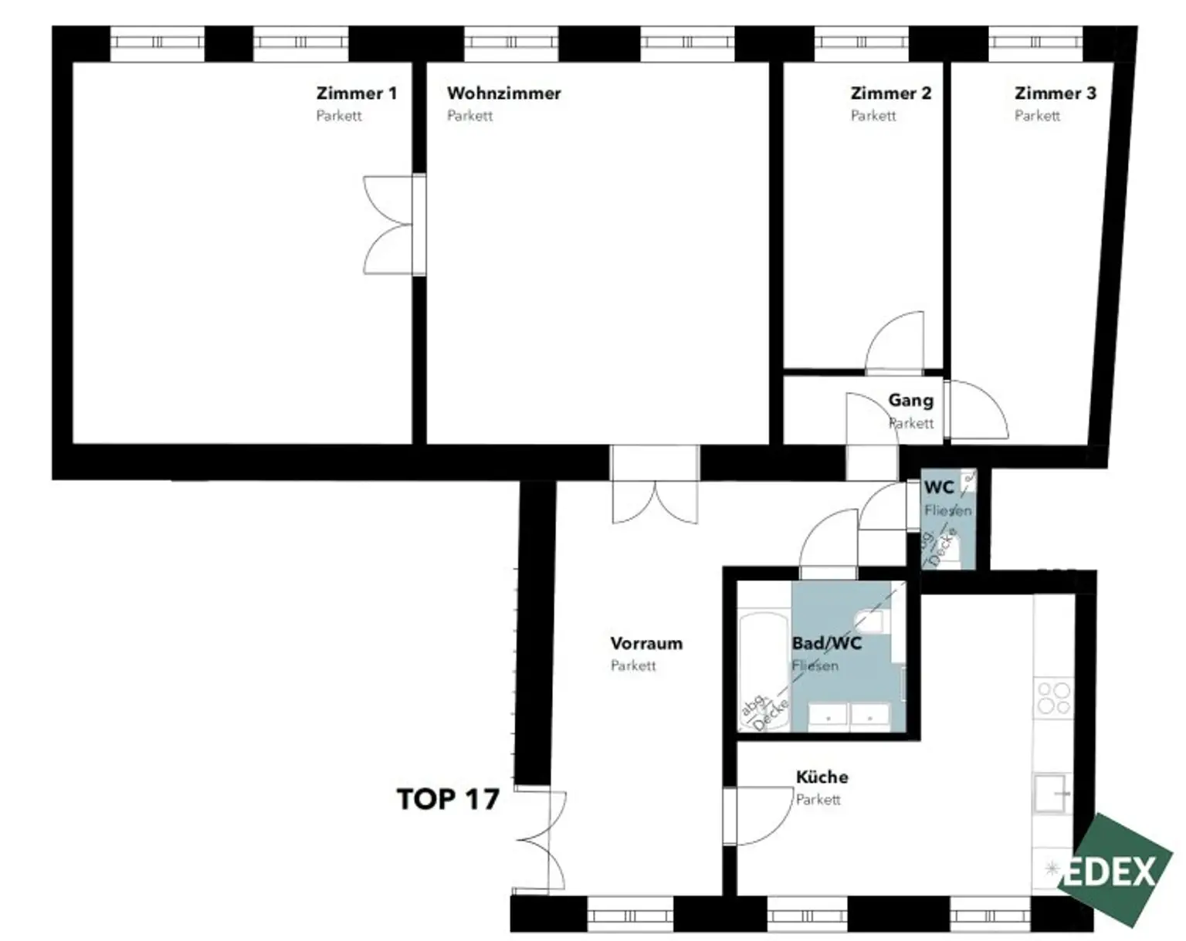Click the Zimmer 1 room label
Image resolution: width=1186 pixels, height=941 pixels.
pyautogui.click(x=357, y=93)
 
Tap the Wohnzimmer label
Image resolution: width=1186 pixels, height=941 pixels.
pyautogui.click(x=503, y=93)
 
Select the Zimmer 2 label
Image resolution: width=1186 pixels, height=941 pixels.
pyautogui.click(x=890, y=93)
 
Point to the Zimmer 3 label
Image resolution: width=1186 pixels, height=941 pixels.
pyautogui.click(x=1056, y=93)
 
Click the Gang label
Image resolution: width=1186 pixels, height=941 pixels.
pyautogui.click(x=911, y=401)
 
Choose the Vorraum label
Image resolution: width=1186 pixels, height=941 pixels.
pyautogui.click(x=646, y=643)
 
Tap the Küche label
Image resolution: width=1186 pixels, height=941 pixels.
pyautogui.click(x=822, y=777)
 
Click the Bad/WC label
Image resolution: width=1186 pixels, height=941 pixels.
pyautogui.click(x=827, y=643)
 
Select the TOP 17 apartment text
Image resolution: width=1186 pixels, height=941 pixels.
pyautogui.click(x=448, y=800)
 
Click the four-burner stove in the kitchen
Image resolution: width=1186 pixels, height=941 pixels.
pyautogui.click(x=1054, y=699)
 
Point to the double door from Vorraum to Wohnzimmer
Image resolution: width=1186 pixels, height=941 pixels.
pyautogui.click(x=655, y=502)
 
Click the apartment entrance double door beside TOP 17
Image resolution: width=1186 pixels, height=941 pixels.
pyautogui.click(x=540, y=841)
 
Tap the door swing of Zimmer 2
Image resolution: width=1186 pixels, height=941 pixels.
pyautogui.click(x=894, y=343)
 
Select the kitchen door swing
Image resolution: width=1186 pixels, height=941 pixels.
pyautogui.click(x=764, y=815)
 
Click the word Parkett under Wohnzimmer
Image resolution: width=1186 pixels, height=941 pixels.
pyautogui.click(x=469, y=116)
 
